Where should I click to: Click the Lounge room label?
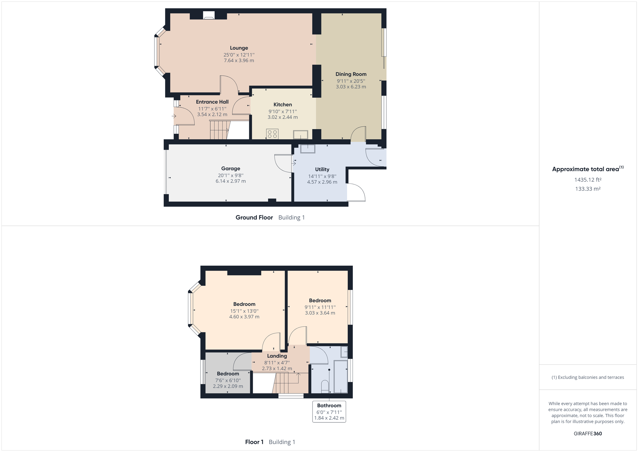click(x=239, y=48)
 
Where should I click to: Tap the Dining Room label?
click(x=351, y=74)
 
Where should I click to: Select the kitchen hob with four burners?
click(x=272, y=134)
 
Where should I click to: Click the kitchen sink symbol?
click(x=300, y=135)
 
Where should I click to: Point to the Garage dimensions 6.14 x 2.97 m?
click(x=231, y=181)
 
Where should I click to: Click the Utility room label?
click(x=322, y=170)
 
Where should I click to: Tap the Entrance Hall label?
click(x=212, y=102)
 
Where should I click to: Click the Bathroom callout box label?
click(x=329, y=405)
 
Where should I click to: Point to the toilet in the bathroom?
click(x=325, y=386)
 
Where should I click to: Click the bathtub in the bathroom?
click(x=340, y=376)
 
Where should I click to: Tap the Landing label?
click(x=277, y=356)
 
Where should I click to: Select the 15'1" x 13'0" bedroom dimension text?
click(x=244, y=311)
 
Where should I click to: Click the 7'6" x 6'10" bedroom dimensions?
click(x=228, y=380)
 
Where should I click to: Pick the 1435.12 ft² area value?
click(x=588, y=180)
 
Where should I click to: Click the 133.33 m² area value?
click(x=588, y=189)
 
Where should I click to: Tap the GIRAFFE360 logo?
click(x=588, y=434)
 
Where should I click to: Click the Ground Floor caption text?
click(x=254, y=218)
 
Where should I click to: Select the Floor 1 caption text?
click(x=254, y=442)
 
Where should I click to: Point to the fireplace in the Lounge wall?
click(x=208, y=15)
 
